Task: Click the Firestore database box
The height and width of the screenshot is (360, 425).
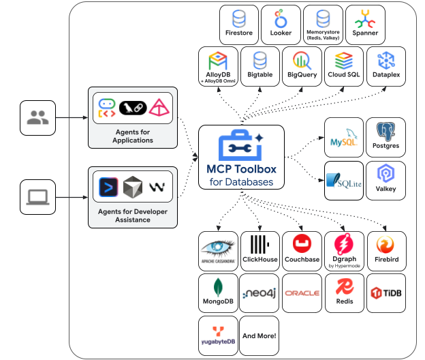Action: tap(239, 25)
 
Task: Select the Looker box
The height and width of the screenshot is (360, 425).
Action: tap(281, 25)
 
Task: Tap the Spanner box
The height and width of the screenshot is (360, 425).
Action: tap(364, 25)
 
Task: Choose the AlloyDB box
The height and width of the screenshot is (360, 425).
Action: tap(218, 66)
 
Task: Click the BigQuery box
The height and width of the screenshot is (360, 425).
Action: tap(302, 66)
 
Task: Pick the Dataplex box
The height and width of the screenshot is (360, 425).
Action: tap(385, 66)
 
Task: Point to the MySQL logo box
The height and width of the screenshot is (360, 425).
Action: tap(343, 138)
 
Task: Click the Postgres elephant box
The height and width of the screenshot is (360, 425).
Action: tap(385, 138)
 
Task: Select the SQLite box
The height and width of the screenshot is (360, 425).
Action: tap(343, 180)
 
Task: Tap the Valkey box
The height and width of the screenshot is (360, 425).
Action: tap(385, 180)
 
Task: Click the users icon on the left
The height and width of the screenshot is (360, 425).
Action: tap(37, 118)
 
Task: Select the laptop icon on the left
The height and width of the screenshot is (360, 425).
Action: tap(37, 197)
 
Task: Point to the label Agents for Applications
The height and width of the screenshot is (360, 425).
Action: tap(133, 136)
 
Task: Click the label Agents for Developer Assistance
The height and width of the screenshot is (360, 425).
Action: tap(133, 215)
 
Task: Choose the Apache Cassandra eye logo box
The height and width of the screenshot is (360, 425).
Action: tap(218, 251)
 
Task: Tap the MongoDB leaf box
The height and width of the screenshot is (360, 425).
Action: tap(218, 292)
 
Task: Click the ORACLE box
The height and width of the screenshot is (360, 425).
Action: tap(302, 292)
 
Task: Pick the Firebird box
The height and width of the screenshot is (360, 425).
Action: tap(385, 251)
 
